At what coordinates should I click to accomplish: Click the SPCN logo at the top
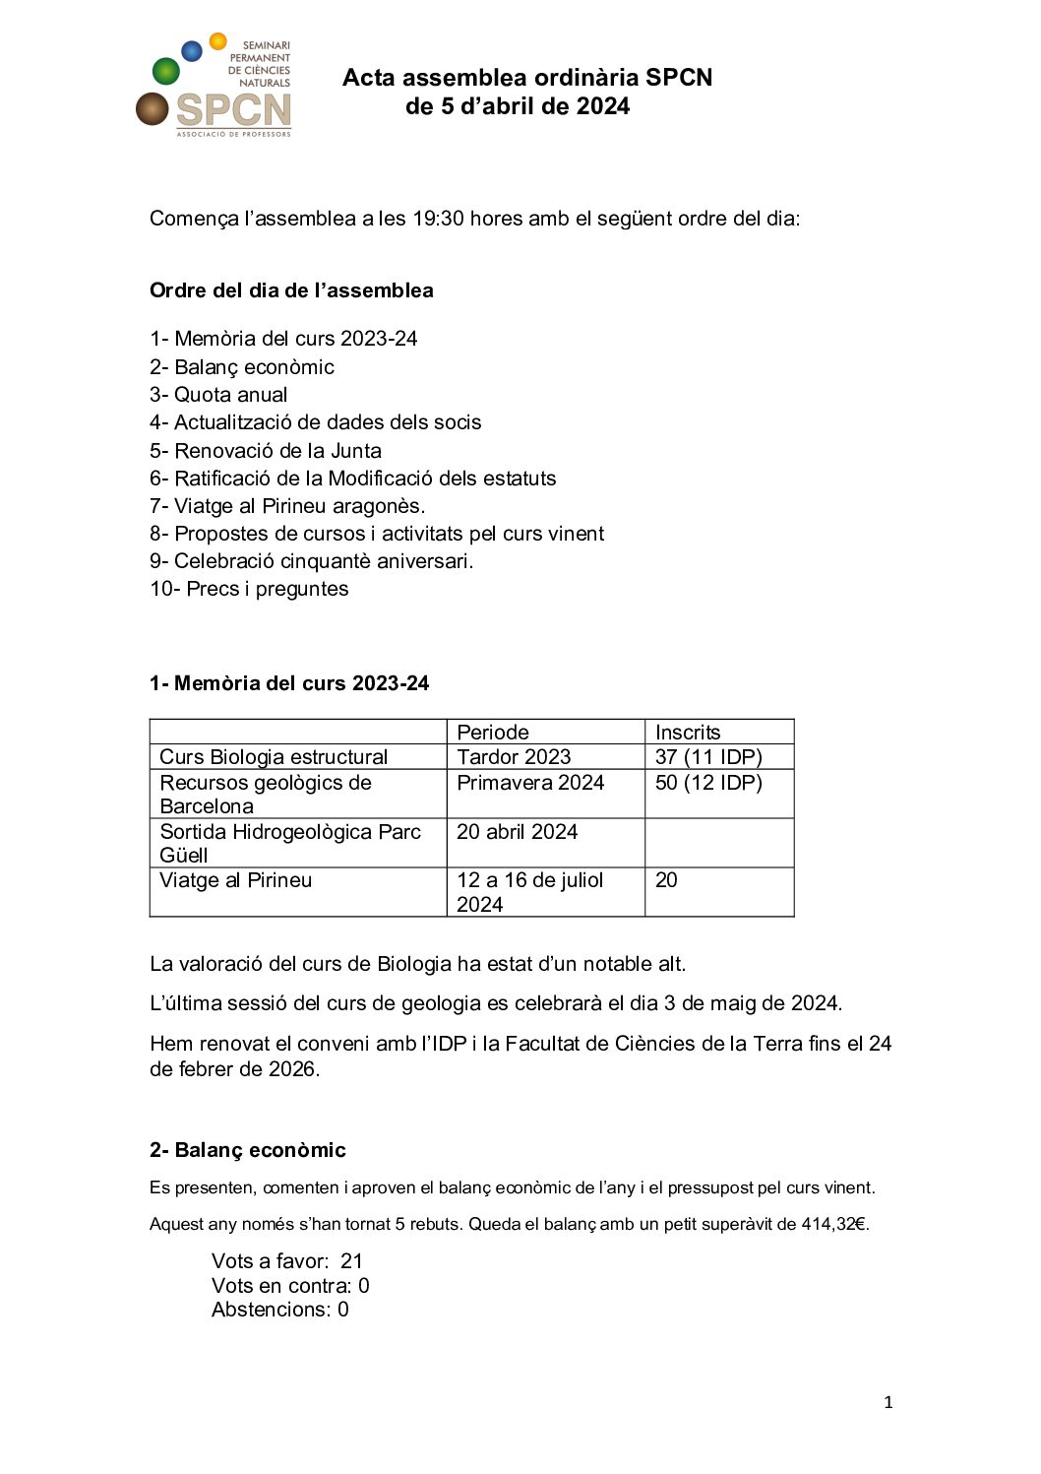[x=214, y=87]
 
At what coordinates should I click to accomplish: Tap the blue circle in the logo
[x=193, y=50]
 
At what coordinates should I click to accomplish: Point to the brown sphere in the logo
[x=153, y=109]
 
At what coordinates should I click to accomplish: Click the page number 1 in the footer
[x=888, y=1402]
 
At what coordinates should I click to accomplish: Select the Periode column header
[x=493, y=732]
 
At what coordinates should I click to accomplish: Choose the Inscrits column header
[x=688, y=732]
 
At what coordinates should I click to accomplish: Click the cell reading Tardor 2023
[x=514, y=756]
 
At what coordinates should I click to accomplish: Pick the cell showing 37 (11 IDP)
[x=708, y=756]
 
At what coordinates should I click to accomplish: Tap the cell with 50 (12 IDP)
[x=708, y=783]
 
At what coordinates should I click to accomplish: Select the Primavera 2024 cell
[x=530, y=783]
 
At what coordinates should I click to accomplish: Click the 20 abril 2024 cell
[x=517, y=832]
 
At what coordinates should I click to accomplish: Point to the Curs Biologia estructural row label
[x=274, y=756]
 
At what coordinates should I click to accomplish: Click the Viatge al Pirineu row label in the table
[x=236, y=880]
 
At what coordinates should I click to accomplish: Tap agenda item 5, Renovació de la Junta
[x=266, y=451]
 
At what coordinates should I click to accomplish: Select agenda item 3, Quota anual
[x=218, y=395]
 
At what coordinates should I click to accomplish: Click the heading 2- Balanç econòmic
[x=248, y=1150]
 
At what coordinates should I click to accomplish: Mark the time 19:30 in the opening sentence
[x=438, y=219]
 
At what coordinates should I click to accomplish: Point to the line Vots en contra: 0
[x=290, y=1286]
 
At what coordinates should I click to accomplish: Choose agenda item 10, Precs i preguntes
[x=249, y=589]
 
